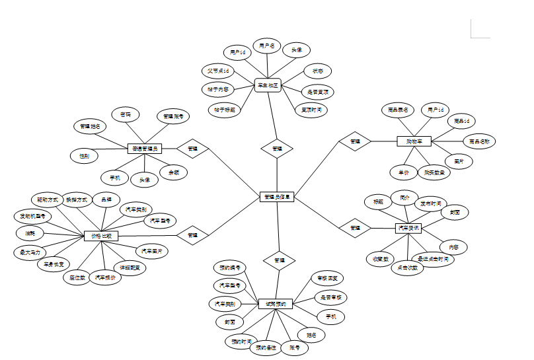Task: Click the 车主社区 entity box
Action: tap(268, 85)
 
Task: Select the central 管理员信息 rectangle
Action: tap(276, 196)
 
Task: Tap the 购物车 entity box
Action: tap(414, 141)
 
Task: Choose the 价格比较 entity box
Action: tap(102, 235)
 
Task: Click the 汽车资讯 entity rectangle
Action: tap(407, 228)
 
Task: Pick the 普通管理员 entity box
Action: tap(144, 149)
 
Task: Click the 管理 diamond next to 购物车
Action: tap(355, 141)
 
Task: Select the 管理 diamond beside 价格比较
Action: tap(192, 234)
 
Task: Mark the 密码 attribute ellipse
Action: tap(126, 115)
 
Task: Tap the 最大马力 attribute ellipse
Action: tap(30, 252)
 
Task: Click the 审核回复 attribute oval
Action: tap(327, 279)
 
